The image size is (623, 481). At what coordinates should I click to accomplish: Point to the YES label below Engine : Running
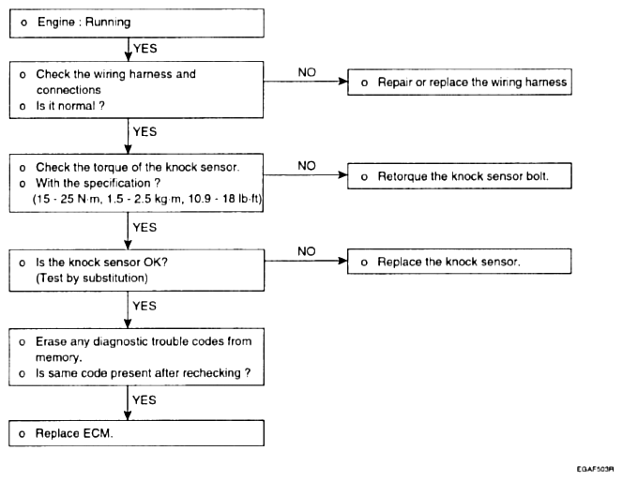pos(145,49)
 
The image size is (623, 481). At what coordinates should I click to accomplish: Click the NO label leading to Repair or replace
pos(307,72)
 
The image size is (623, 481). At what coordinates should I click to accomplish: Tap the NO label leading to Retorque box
pos(307,166)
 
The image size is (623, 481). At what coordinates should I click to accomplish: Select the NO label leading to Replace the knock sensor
pos(307,251)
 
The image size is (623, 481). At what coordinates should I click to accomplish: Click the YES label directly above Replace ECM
pos(144,400)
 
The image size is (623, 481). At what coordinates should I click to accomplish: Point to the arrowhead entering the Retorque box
pos(342,174)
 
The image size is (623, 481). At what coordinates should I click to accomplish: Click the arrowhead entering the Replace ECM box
pos(128,415)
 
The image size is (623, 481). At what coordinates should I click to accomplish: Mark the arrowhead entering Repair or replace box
pos(342,82)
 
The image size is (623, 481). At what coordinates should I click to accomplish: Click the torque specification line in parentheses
pos(147,199)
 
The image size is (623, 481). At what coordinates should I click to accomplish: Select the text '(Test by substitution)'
pos(92,278)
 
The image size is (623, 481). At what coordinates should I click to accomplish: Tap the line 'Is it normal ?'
pos(70,106)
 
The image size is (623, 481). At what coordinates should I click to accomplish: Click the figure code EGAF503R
pos(595,470)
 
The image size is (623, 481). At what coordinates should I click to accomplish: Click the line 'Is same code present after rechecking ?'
pos(143,373)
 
